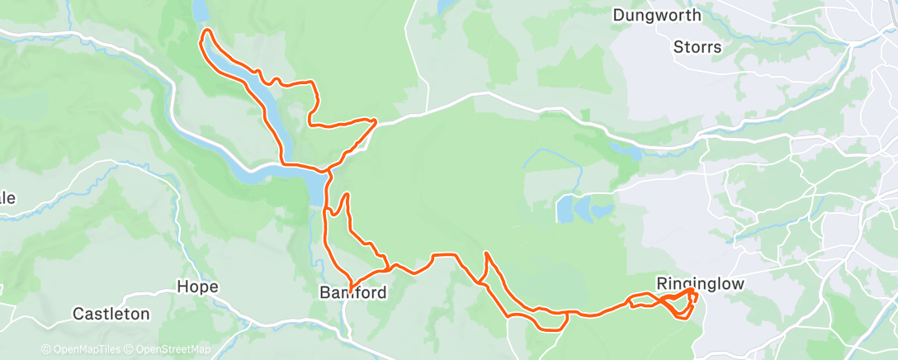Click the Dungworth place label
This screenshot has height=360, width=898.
pos(657,15)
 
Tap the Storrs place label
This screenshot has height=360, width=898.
pos(697,47)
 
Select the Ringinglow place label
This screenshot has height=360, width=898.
pos(700,283)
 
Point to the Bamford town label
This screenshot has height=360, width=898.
pos(353,292)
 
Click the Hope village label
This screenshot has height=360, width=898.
pos(198,287)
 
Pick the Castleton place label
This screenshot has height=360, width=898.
pos(111,314)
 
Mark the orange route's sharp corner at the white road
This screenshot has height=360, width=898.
pos(376,121)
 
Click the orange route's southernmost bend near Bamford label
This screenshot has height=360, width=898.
pos(352,286)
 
